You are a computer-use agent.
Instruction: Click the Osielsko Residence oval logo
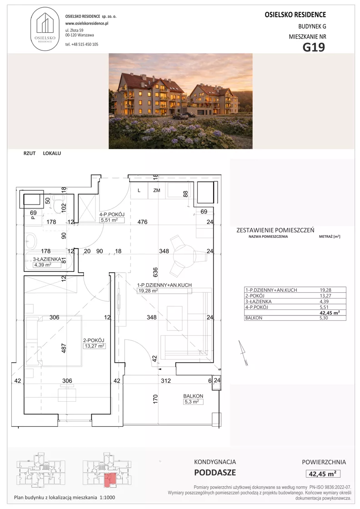[45, 30]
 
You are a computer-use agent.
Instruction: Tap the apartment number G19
[314, 47]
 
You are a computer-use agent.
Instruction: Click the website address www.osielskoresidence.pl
[87, 23]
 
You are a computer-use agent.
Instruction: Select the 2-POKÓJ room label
[94, 340]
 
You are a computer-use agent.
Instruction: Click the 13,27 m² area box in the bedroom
[95, 346]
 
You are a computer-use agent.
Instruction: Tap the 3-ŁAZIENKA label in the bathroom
[47, 259]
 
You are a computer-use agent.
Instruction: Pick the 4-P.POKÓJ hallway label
[112, 215]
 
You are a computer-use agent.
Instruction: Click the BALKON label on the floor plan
[193, 396]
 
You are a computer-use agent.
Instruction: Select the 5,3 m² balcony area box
[191, 402]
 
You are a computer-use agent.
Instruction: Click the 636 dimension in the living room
[155, 273]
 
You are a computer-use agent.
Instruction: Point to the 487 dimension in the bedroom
[64, 348]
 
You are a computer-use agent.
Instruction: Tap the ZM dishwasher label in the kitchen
[157, 190]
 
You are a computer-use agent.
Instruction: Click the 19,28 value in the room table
[325, 290]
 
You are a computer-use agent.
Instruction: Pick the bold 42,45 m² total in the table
[330, 313]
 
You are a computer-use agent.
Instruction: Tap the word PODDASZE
[215, 473]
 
